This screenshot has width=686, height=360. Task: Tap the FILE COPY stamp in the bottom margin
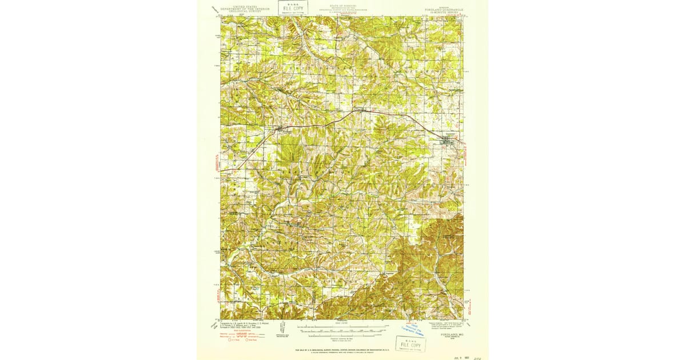410,345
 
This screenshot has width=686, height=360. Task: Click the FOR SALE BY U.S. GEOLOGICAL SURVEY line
342,349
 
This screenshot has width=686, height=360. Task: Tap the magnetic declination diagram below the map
283,329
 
